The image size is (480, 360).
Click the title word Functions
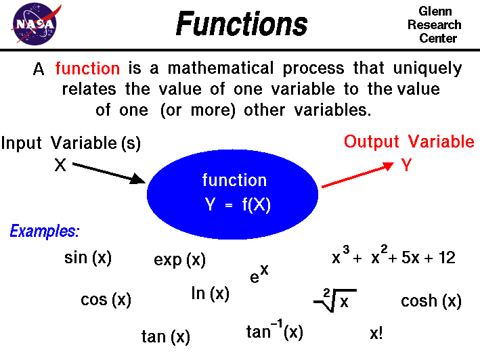[241, 24]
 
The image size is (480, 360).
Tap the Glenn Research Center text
[439, 25]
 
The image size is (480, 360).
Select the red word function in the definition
[87, 68]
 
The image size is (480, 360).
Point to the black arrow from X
[108, 172]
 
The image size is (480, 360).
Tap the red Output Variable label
[409, 142]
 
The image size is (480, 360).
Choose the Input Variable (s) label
[71, 143]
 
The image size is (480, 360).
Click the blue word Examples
[45, 231]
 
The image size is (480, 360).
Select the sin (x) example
[87, 258]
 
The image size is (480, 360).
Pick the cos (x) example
[106, 300]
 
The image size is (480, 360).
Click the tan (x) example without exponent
[165, 336]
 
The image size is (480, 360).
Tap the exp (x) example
[179, 260]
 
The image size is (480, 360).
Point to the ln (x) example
[210, 294]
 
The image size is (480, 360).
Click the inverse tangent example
[274, 332]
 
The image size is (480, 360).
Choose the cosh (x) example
[431, 301]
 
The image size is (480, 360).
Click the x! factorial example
[376, 334]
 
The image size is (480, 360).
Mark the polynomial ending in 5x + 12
[393, 258]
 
